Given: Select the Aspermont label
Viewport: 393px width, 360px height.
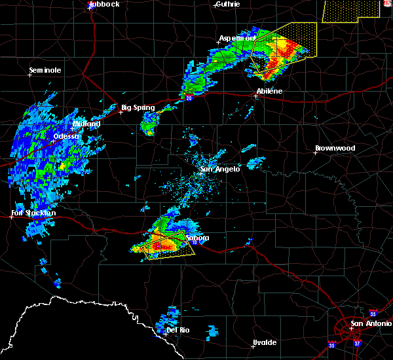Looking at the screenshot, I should click(x=236, y=39).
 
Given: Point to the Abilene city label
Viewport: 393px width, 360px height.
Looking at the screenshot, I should click(x=269, y=91).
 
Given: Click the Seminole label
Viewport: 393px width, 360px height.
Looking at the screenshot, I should click(x=45, y=70).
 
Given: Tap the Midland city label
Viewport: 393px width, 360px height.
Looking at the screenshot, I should click(x=86, y=124).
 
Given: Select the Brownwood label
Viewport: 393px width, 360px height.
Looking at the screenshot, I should click(x=335, y=149).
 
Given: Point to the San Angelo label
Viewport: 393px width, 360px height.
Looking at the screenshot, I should click(x=220, y=169).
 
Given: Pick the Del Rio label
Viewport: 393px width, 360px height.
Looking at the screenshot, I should click(x=178, y=330).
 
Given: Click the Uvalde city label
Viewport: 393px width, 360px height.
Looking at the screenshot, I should click(x=263, y=343).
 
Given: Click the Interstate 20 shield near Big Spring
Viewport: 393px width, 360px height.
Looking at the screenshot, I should click(x=189, y=99).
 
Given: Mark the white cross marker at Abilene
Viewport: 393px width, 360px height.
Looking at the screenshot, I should click(x=255, y=96).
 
